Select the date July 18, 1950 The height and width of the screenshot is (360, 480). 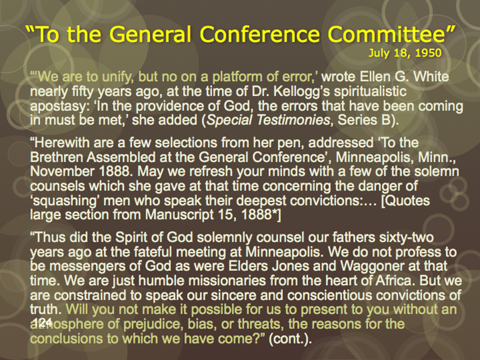[x=405, y=53]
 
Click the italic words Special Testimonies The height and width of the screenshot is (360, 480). [x=269, y=120]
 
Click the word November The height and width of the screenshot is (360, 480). [x=62, y=172]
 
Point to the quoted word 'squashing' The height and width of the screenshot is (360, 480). [x=65, y=201]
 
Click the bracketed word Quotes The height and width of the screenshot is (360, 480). [x=405, y=201]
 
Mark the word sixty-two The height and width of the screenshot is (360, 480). [x=406, y=238]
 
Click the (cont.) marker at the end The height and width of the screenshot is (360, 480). [x=290, y=339]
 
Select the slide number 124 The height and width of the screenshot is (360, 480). [x=42, y=322]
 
